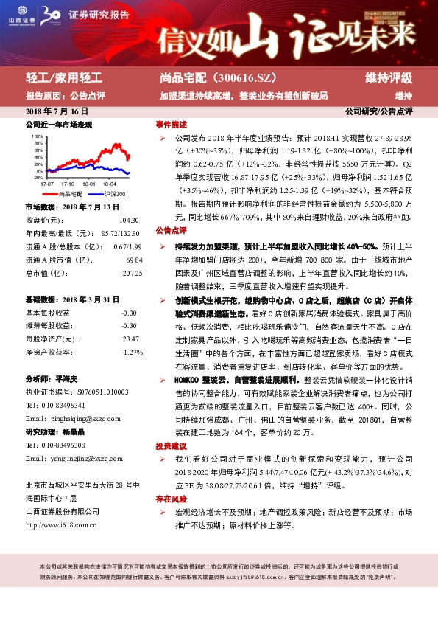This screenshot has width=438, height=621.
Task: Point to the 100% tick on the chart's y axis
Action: point(38,136)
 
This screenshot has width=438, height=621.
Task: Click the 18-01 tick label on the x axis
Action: point(89,183)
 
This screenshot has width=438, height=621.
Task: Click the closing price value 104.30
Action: point(129,220)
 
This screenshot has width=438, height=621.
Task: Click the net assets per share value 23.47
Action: point(130,339)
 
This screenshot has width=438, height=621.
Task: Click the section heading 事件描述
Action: point(170,124)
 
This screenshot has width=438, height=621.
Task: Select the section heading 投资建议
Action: point(170,446)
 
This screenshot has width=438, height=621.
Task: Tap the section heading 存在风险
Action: point(170,499)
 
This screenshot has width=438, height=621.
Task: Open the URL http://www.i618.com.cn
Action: point(61,525)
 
